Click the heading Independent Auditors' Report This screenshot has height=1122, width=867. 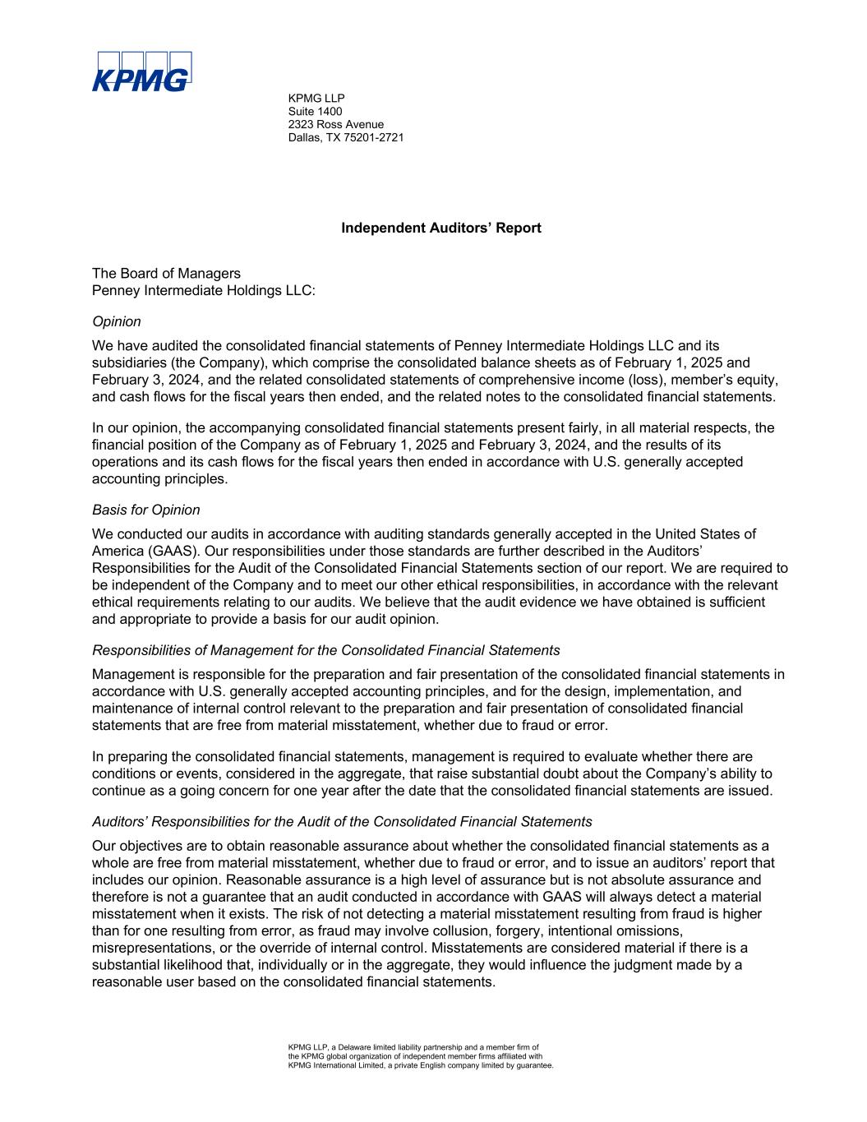[x=440, y=228]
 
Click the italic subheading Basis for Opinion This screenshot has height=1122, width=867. [x=146, y=510]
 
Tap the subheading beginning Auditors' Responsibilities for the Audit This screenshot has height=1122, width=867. [x=342, y=820]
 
